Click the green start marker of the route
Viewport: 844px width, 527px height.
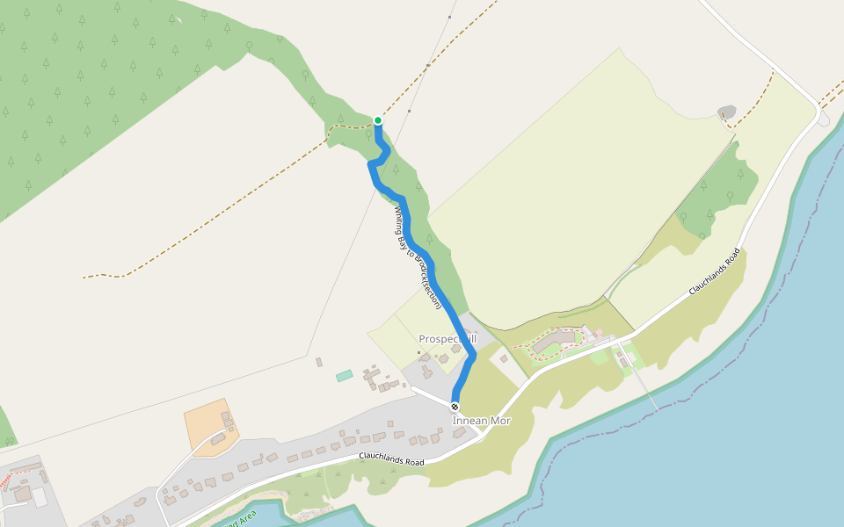(378, 120)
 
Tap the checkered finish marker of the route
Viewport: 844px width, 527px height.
(455, 407)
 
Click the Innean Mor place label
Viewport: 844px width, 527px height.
(481, 422)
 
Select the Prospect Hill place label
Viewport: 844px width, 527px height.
(447, 339)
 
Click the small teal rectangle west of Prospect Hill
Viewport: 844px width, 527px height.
(344, 375)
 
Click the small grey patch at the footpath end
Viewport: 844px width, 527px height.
(726, 112)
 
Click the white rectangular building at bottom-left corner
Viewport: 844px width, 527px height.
(40, 498)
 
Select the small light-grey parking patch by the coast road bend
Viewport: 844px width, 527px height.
(823, 119)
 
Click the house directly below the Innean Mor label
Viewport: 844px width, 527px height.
(459, 435)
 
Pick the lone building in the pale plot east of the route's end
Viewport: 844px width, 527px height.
(505, 357)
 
